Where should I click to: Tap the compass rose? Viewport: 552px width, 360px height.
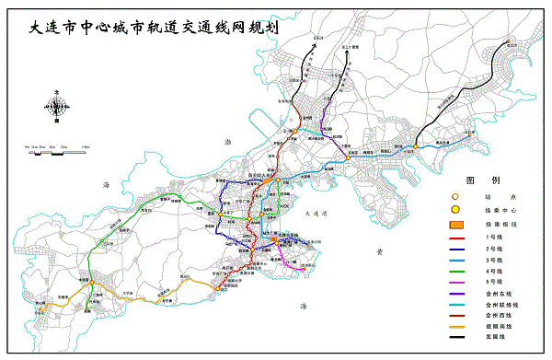pos(57,107)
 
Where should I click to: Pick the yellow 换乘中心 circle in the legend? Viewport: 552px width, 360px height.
pos(454,211)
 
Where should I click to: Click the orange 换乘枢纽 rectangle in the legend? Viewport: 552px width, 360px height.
pos(454,225)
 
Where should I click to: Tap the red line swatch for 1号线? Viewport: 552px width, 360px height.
pos(454,238)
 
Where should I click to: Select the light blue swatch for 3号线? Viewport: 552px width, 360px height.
pos(454,264)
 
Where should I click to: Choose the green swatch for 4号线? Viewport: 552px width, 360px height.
pos(454,277)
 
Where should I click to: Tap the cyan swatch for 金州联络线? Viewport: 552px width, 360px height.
pos(454,317)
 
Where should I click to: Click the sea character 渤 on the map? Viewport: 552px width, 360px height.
pos(229,140)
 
